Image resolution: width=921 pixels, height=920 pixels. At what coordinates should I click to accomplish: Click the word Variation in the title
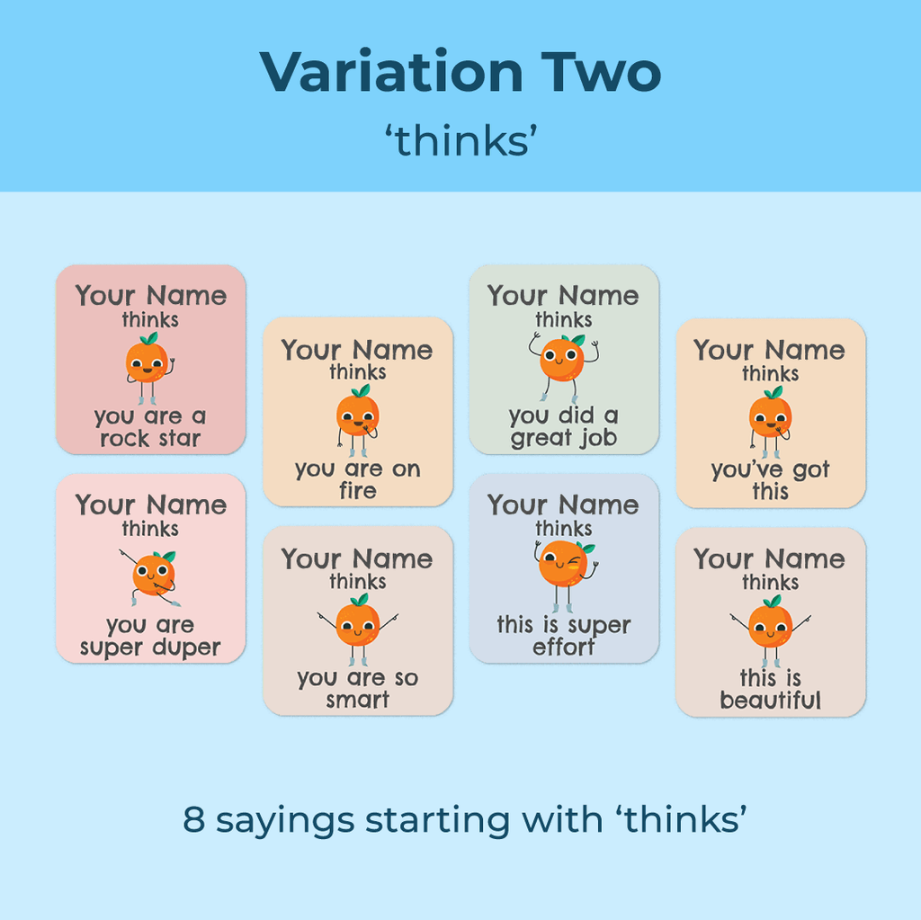coord(391,72)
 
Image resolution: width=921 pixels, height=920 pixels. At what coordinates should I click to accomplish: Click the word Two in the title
coord(601,72)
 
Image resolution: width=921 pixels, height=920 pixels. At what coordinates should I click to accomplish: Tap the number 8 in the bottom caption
coord(194,819)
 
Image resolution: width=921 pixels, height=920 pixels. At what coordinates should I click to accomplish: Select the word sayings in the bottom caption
coord(285,822)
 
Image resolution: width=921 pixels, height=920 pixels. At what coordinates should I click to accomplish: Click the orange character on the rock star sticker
coord(149,368)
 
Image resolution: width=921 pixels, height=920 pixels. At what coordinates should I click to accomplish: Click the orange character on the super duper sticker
coord(151,578)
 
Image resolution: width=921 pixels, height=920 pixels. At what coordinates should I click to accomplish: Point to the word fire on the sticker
coord(358,490)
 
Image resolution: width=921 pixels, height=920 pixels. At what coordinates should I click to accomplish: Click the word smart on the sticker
coord(358,700)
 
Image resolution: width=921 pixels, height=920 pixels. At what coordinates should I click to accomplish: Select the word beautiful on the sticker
coord(770,701)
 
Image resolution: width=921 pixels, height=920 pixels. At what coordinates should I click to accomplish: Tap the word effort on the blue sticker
coord(563,647)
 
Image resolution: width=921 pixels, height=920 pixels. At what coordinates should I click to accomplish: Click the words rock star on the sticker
coord(150,438)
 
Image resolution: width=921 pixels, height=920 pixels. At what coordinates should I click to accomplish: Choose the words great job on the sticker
coord(564,438)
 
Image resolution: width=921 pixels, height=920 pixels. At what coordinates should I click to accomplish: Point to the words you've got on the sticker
coord(770,470)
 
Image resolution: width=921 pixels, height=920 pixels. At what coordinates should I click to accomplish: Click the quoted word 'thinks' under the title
coord(461,141)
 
